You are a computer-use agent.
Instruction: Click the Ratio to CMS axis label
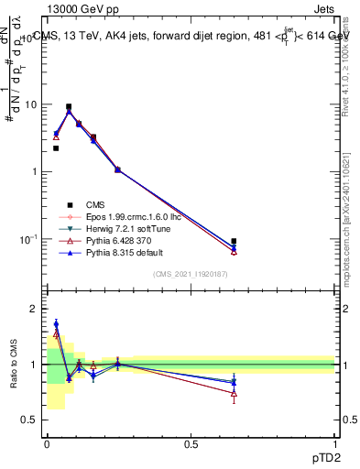(x=14, y=365)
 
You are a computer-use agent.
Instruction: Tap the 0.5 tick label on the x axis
(x=191, y=445)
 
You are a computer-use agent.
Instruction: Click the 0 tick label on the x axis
(x=47, y=445)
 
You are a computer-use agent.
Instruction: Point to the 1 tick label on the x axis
(x=335, y=445)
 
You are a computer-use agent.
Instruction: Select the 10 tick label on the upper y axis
(x=32, y=104)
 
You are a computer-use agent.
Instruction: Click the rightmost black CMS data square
(x=234, y=241)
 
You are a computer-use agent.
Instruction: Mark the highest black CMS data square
(x=69, y=106)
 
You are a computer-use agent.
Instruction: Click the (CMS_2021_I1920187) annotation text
(x=191, y=274)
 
